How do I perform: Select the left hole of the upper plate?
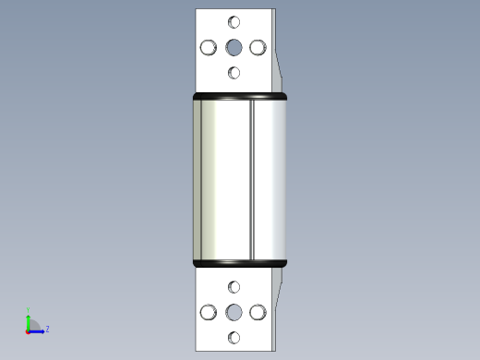pos(209,47)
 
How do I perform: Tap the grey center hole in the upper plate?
pos(234,47)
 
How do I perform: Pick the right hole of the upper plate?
pos(258,47)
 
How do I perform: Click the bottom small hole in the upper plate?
pos(234,72)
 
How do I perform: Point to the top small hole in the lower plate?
pos(234,288)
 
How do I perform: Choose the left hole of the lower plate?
pos(209,313)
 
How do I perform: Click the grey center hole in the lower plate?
pos(234,313)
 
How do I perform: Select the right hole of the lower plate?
pos(258,313)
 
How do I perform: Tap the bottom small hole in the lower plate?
pos(234,338)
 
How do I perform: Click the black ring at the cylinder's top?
pos(239,97)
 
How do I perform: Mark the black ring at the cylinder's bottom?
pos(239,263)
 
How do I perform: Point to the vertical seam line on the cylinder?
pos(252,180)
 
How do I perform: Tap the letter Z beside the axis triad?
pos(47,329)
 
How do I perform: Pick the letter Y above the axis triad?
pos(29,310)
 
